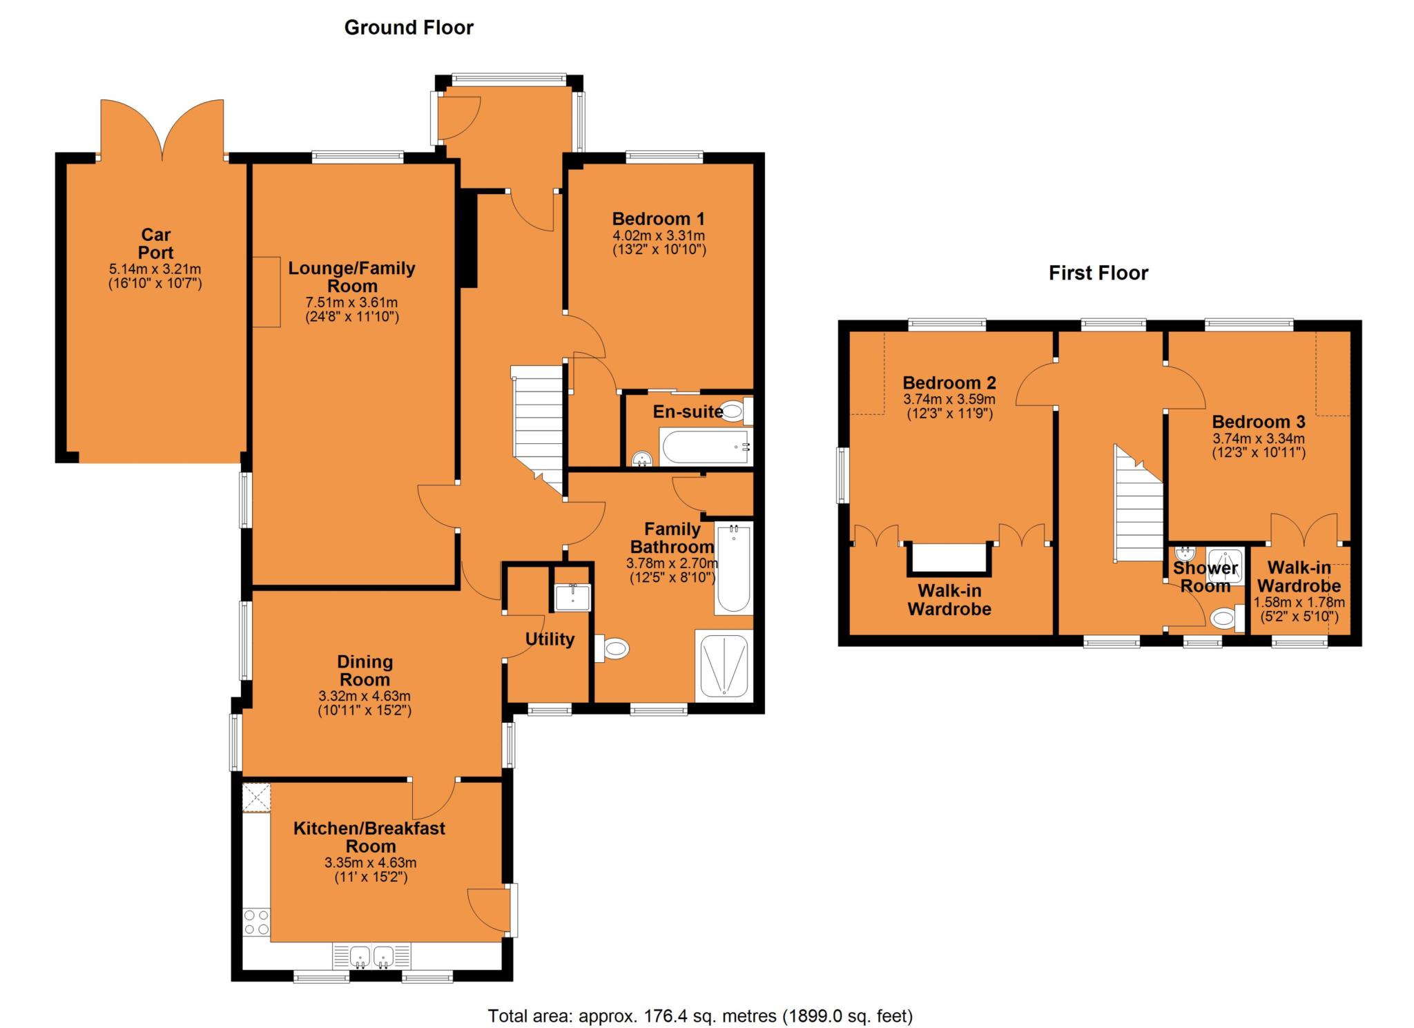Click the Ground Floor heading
(409, 28)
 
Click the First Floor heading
(1098, 273)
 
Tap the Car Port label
(155, 244)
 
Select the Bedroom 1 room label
(659, 219)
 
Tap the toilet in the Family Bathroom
(612, 648)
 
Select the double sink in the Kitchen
(371, 956)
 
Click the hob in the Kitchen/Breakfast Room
(256, 921)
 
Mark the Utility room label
(550, 639)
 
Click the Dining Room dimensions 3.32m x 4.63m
(365, 696)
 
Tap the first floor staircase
(1139, 504)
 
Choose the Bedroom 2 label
(949, 382)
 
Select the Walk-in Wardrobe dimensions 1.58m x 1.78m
(1299, 602)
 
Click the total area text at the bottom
(700, 1016)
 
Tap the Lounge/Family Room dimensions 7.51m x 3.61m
(351, 302)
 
